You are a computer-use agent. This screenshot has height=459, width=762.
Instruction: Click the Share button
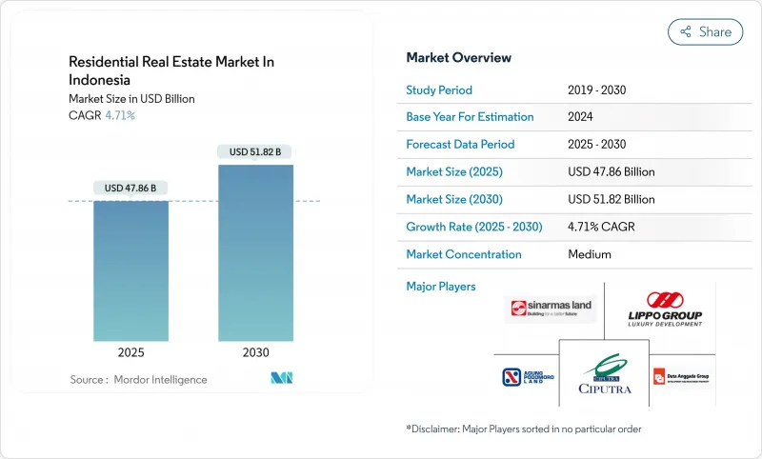tap(706, 31)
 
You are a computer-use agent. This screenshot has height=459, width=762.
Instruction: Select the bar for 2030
tap(256, 252)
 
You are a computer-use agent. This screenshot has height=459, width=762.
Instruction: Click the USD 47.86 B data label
tap(130, 189)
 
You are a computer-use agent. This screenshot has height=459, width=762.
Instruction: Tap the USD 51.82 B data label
tap(255, 152)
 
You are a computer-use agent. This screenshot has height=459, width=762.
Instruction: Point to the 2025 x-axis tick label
tap(130, 352)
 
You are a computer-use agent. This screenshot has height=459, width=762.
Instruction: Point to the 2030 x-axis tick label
tap(255, 352)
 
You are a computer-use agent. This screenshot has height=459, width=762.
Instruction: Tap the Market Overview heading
tap(458, 57)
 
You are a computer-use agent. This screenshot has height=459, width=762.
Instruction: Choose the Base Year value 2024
tap(581, 116)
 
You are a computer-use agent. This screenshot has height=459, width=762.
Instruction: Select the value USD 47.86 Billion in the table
tap(611, 171)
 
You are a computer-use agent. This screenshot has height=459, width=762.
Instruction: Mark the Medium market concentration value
tap(589, 254)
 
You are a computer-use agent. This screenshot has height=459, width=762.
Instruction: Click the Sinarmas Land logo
tap(551, 309)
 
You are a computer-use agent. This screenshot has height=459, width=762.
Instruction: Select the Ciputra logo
tap(604, 375)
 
